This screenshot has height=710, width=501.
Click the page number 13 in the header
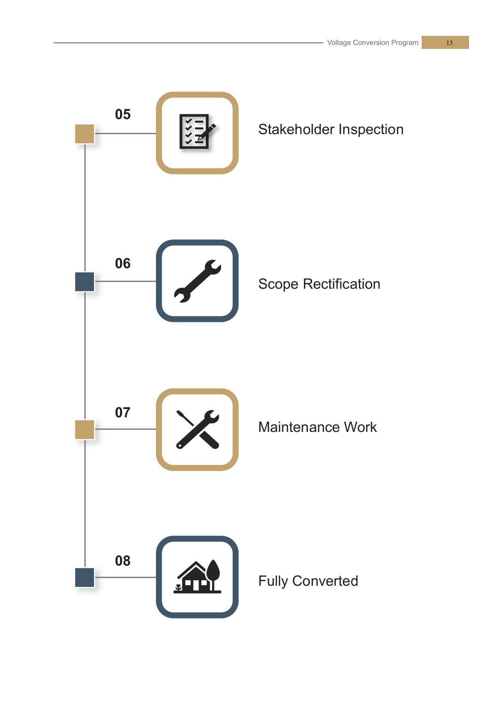tap(449, 43)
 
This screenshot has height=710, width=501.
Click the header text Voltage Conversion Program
tap(372, 43)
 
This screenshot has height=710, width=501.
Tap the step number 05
tap(122, 114)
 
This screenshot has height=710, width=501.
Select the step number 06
tap(122, 263)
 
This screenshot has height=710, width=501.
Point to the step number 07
tap(122, 413)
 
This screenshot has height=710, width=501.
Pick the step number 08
tap(122, 561)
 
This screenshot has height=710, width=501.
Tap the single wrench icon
tap(197, 281)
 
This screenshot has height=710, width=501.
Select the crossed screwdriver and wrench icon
tap(197, 429)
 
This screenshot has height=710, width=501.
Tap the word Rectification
tap(342, 284)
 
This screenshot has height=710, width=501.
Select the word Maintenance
tap(299, 427)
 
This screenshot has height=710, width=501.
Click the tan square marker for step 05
tap(84, 134)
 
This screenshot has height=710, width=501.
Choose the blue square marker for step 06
tap(84, 282)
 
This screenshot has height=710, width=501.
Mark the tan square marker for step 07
tap(84, 430)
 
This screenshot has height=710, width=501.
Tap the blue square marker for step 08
tap(84, 577)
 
